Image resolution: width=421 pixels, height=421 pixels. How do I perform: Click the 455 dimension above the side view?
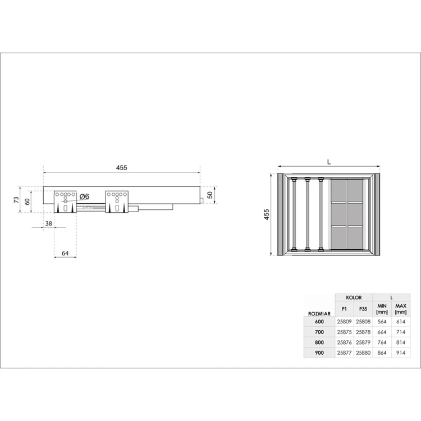[x=122, y=167]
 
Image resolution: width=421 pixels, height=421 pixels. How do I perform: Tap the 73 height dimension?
[x=17, y=199]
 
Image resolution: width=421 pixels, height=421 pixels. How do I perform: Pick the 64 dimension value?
[x=65, y=254]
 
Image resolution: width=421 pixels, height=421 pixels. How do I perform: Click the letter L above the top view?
[x=329, y=162]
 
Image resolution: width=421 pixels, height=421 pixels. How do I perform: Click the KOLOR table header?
[x=354, y=297]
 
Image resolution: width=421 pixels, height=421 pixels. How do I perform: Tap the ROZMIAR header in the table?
[x=319, y=314]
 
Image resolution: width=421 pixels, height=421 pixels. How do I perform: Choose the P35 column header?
[x=363, y=309]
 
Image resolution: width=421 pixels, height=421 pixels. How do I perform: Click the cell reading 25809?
[x=344, y=322]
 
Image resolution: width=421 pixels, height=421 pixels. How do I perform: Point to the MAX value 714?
[x=401, y=332]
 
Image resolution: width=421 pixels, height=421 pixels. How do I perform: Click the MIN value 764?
[x=382, y=342]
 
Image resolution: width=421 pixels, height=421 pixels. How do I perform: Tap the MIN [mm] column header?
[x=382, y=309]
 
